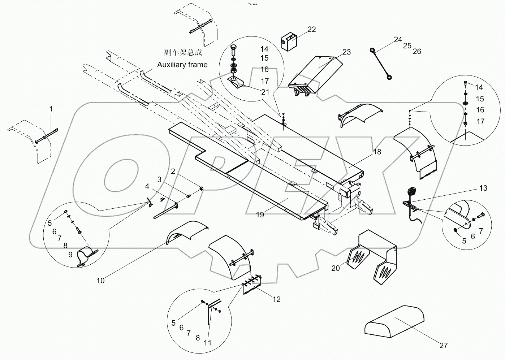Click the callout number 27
(x=443, y=346)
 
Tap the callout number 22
(x=311, y=29)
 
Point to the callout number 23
(x=346, y=52)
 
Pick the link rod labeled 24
(x=381, y=64)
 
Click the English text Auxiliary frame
(x=182, y=65)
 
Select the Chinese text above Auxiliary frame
(x=183, y=52)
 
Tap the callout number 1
(x=51, y=109)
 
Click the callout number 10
(x=100, y=280)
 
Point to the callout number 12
(x=276, y=299)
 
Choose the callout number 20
(x=336, y=268)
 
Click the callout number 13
(x=483, y=188)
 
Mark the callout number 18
(x=377, y=152)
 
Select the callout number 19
(x=260, y=215)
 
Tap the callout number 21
(x=265, y=92)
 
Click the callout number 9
(x=70, y=255)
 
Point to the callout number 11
(x=207, y=343)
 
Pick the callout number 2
(x=173, y=171)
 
